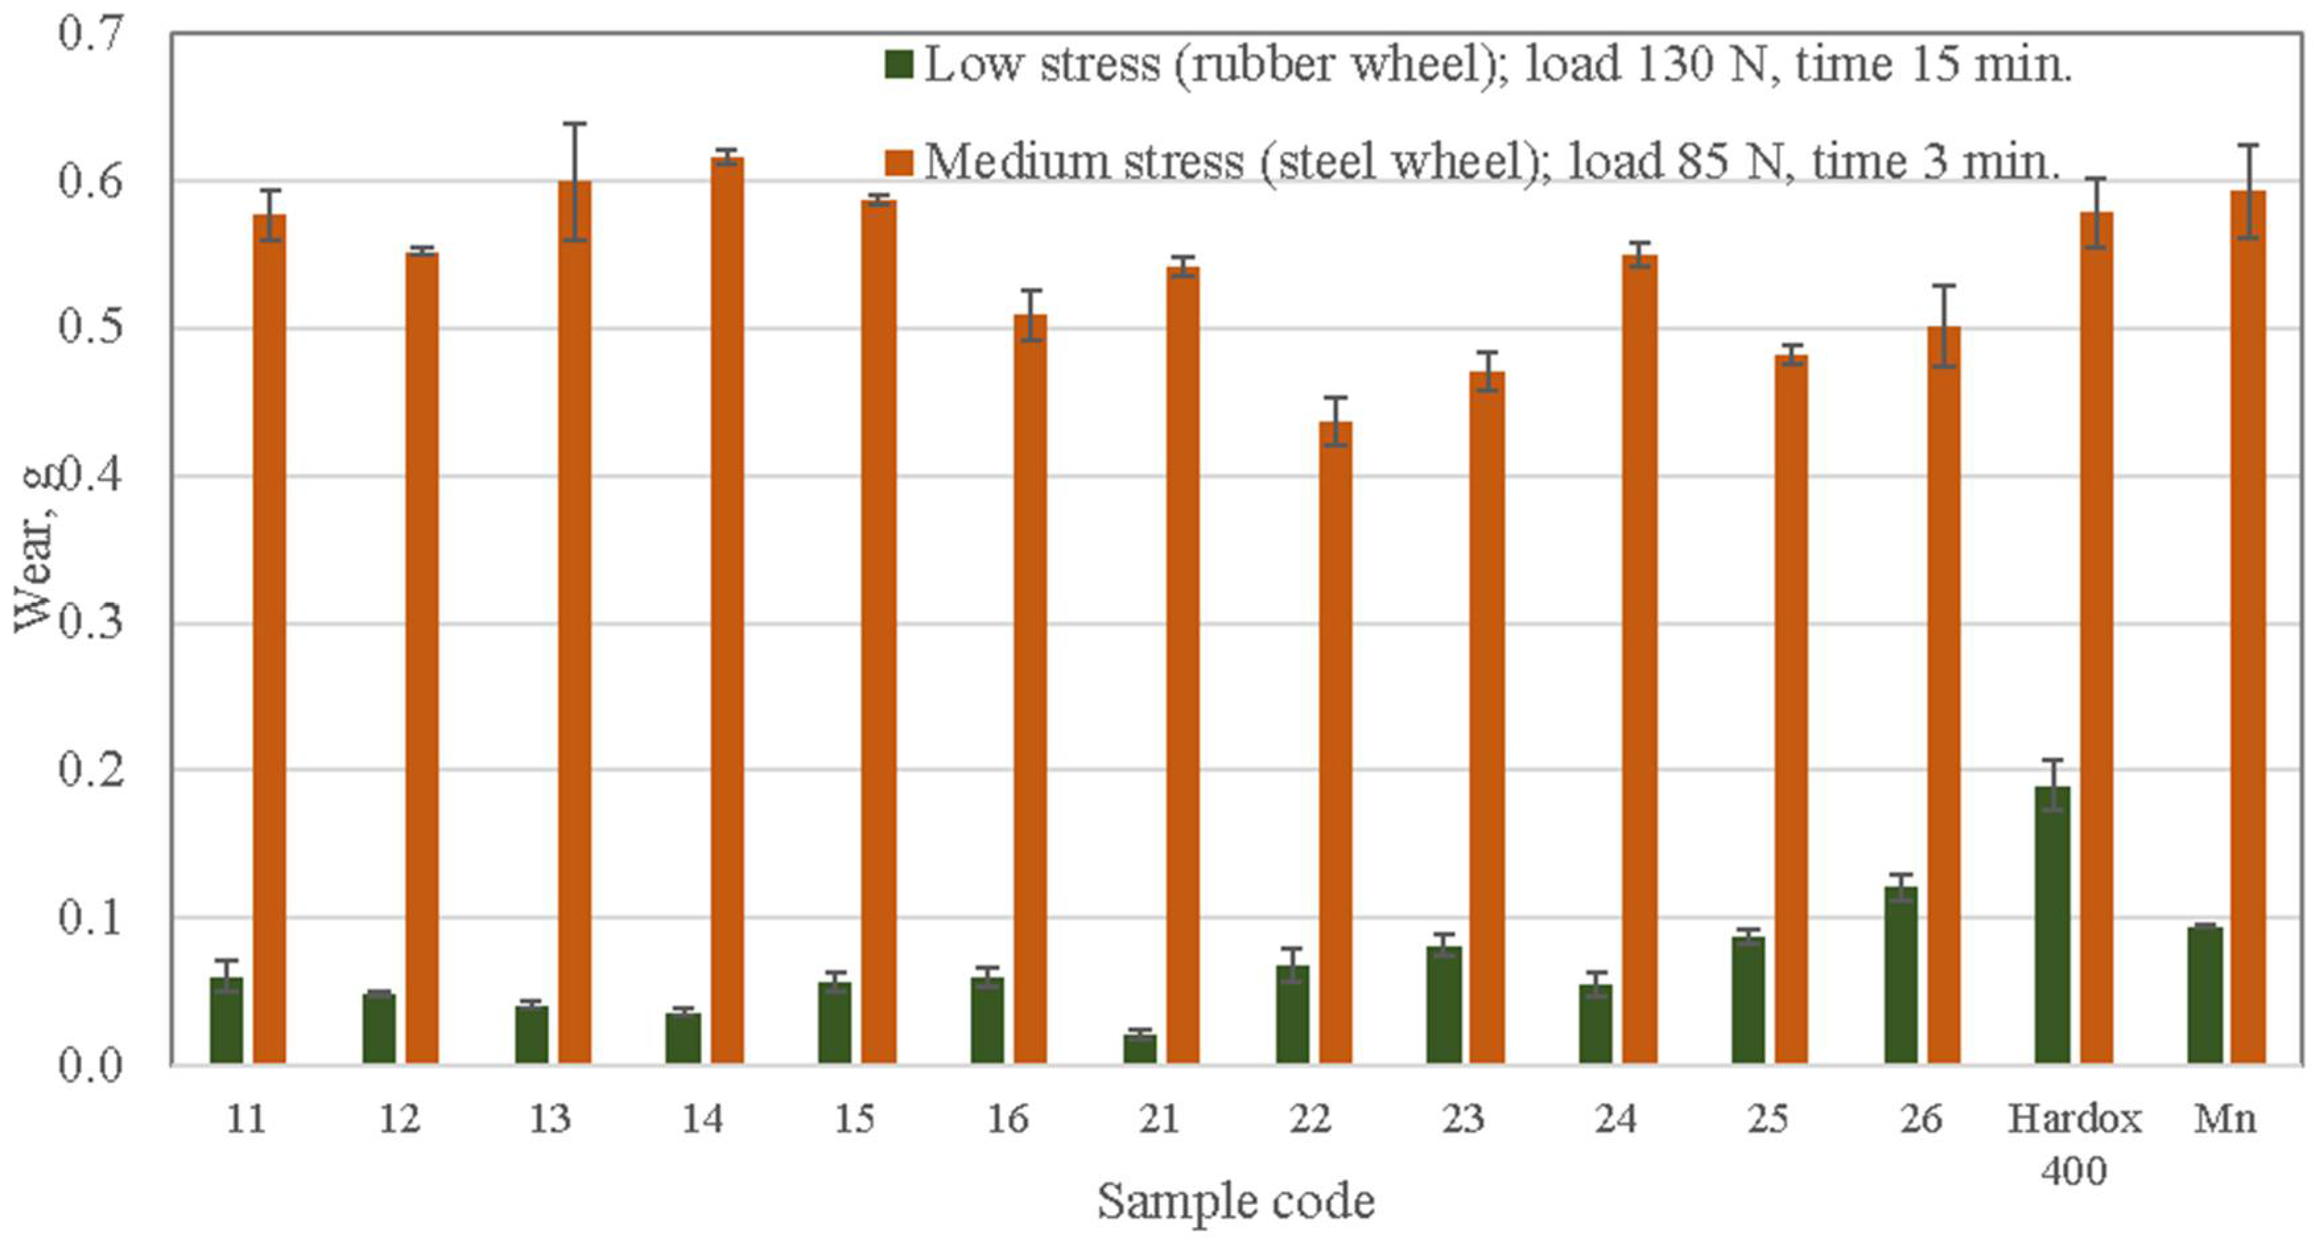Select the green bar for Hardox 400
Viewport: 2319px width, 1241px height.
coord(2052,927)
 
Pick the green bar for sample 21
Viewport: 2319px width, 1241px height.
coord(1139,1049)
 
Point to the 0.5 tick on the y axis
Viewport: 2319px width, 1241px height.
coord(90,328)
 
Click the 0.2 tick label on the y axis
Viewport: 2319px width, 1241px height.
coord(90,771)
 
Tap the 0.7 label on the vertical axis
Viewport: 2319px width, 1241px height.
coord(90,34)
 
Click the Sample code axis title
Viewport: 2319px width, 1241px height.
coord(1235,1201)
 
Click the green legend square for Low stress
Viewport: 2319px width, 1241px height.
coord(899,64)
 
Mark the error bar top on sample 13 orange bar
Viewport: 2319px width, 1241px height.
coord(575,124)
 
